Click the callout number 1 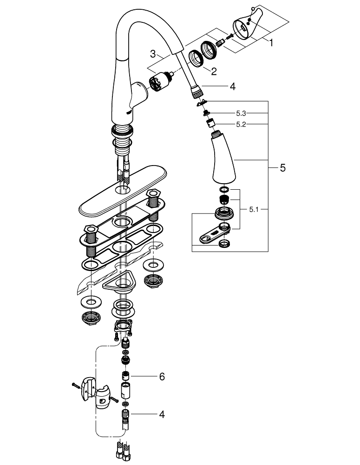pyautogui.click(x=270, y=42)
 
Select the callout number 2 pyautogui.click(x=214, y=71)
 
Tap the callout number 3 pyautogui.click(x=152, y=54)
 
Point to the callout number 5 pyautogui.click(x=283, y=168)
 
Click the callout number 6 pyautogui.click(x=162, y=377)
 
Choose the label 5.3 pyautogui.click(x=241, y=113)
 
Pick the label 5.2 pyautogui.click(x=241, y=125)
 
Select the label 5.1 pyautogui.click(x=254, y=210)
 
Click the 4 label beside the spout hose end pyautogui.click(x=233, y=86)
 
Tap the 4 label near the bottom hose pyautogui.click(x=162, y=414)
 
